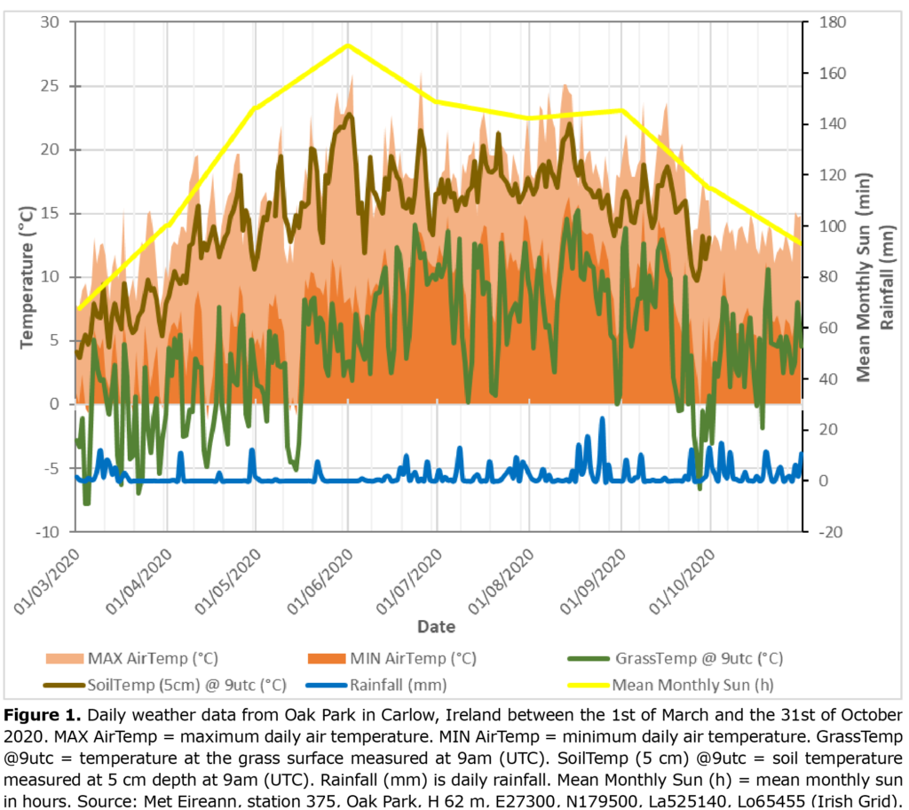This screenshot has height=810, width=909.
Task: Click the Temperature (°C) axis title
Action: click(x=27, y=276)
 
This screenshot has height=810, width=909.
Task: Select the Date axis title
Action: click(x=437, y=626)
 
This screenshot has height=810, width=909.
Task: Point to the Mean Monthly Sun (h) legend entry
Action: click(x=683, y=685)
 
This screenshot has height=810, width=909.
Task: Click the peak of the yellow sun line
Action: click(x=347, y=44)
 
